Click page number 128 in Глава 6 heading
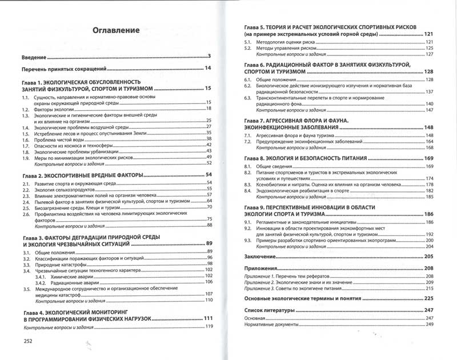click(x=430, y=72)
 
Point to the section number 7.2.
click(x=247, y=141)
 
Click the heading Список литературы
click(x=269, y=310)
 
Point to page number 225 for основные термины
click(x=430, y=298)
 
